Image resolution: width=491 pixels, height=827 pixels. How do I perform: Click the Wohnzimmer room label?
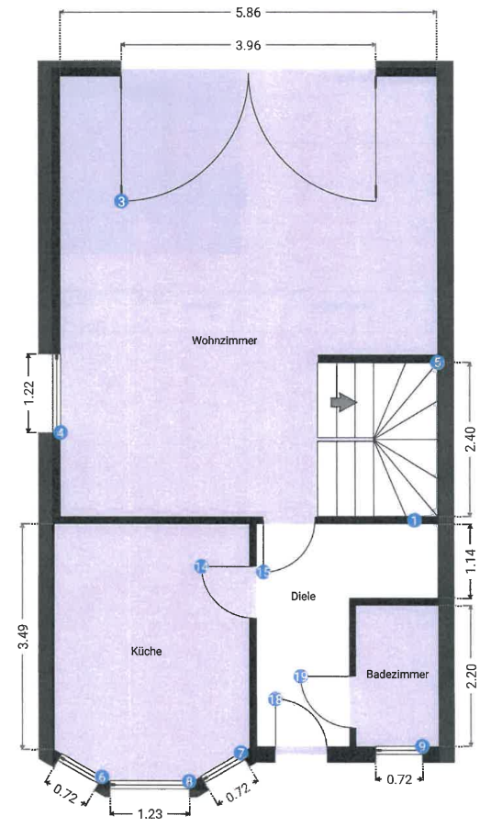pos(224,341)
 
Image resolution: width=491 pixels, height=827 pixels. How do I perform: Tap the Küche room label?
pos(146,652)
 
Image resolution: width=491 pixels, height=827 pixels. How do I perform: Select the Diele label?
pos(303,596)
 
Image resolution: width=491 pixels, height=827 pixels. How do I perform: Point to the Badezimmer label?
pos(397,674)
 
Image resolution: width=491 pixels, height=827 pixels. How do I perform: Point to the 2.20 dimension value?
pos(471,676)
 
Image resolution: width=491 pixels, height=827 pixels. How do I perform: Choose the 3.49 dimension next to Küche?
pos(23,637)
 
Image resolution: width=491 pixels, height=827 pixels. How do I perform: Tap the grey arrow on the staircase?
pos(343,403)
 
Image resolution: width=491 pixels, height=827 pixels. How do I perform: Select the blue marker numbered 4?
pos(60,432)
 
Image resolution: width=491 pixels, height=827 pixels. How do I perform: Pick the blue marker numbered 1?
pos(414,520)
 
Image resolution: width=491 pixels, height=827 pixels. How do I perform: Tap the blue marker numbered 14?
pos(202,567)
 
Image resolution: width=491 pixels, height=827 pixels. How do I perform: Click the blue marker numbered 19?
pos(300,676)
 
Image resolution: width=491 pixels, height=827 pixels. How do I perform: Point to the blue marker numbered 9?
pos(422,746)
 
